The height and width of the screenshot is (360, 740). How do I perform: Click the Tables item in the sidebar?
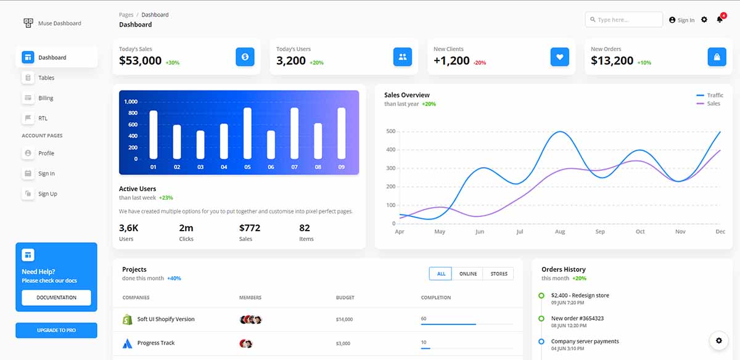click(x=46, y=78)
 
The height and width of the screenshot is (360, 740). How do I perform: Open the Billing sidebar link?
click(x=46, y=98)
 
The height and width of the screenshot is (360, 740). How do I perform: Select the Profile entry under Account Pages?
click(x=46, y=153)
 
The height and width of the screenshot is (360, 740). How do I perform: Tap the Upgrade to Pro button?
click(x=56, y=330)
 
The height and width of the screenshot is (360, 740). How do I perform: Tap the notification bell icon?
click(x=720, y=20)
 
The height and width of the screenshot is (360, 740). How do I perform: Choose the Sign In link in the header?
click(x=682, y=20)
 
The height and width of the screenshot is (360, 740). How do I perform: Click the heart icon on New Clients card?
click(x=559, y=57)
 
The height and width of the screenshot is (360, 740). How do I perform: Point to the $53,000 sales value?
click(x=140, y=60)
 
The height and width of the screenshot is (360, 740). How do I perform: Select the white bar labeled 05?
click(x=247, y=133)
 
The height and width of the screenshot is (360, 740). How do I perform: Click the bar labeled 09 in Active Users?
click(x=341, y=133)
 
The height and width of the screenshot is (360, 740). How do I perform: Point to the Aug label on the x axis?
click(x=559, y=232)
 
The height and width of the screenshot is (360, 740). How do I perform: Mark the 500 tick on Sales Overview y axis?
click(x=390, y=131)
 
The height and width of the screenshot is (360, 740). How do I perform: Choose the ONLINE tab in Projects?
click(x=467, y=274)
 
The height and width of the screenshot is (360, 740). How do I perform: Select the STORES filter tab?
click(x=499, y=274)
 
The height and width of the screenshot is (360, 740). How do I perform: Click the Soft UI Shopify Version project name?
click(x=165, y=319)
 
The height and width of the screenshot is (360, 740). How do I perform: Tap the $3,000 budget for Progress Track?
click(x=343, y=343)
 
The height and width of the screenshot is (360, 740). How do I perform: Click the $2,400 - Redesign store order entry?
click(x=580, y=295)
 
